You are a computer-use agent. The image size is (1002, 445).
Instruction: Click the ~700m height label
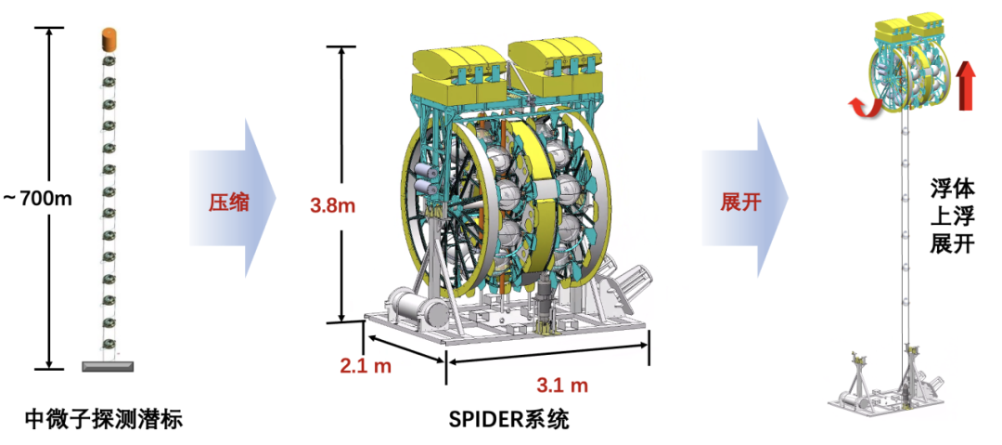(38, 199)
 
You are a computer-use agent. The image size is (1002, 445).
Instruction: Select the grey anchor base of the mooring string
(109, 366)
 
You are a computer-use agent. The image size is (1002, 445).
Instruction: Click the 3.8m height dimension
(331, 206)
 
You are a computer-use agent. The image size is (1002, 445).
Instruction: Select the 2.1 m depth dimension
(365, 366)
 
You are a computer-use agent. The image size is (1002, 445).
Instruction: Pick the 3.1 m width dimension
(561, 385)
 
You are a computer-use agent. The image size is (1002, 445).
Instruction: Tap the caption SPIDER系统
(508, 419)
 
